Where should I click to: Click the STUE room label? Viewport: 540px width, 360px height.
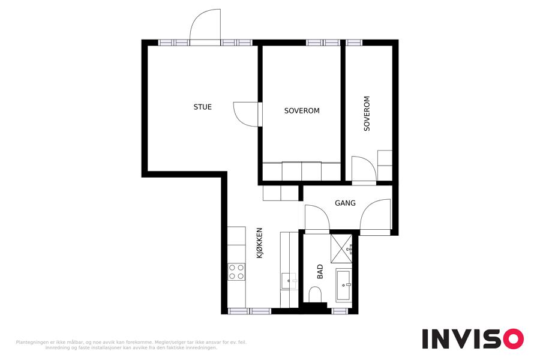tap(203, 107)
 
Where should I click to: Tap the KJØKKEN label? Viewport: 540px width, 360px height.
tap(260, 243)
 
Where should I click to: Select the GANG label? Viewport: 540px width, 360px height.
tap(345, 203)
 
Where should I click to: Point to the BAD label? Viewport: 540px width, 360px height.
tap(320, 271)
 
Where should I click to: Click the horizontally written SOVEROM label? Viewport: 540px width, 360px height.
tap(302, 111)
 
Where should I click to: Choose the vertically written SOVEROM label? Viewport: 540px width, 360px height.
tap(367, 113)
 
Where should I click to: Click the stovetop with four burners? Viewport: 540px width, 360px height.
tap(236, 271)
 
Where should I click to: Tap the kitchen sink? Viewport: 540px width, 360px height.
tap(289, 281)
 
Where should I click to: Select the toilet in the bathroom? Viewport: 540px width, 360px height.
tap(315, 295)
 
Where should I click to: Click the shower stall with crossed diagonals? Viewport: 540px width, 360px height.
tap(341, 249)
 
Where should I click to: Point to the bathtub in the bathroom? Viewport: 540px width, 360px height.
tap(343, 285)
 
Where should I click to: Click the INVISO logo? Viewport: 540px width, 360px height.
tap(473, 339)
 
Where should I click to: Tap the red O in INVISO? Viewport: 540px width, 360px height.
tap(513, 339)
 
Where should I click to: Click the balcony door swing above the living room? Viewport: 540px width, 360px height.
tap(205, 26)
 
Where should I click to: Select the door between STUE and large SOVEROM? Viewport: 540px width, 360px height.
tap(247, 114)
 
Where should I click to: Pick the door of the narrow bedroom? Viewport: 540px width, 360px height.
tap(364, 169)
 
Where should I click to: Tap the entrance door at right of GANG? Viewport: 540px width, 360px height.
tap(376, 215)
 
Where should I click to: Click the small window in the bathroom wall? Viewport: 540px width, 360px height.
tap(340, 311)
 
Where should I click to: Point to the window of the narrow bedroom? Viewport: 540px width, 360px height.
tap(354, 43)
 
